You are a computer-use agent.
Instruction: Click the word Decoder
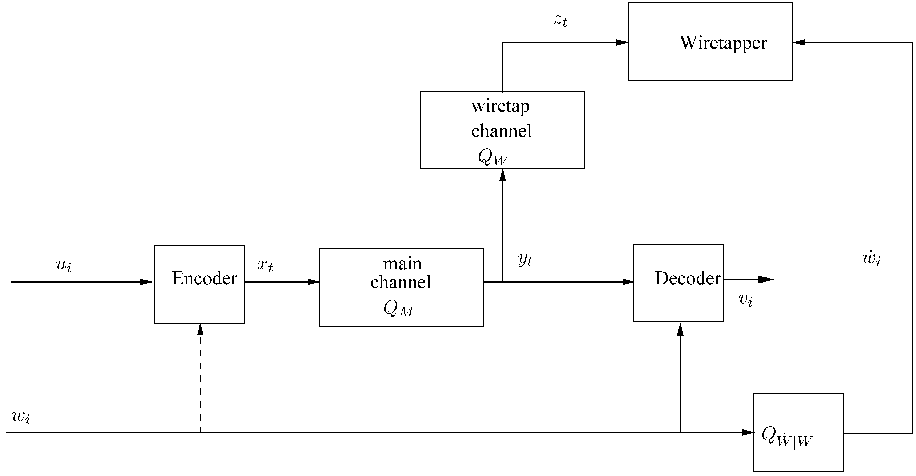click(x=688, y=278)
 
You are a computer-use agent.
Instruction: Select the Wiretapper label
click(x=723, y=43)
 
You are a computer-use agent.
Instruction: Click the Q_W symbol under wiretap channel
click(x=493, y=157)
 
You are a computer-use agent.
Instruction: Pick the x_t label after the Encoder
click(x=265, y=265)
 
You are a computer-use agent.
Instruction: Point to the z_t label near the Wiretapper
click(x=560, y=20)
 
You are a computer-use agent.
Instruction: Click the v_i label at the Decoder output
click(x=746, y=300)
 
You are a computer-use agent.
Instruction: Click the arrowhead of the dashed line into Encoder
click(x=200, y=329)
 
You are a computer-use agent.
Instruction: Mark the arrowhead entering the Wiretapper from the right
click(x=799, y=43)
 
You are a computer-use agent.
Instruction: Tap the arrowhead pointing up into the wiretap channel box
click(x=502, y=175)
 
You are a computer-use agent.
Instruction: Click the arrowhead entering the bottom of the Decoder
click(x=680, y=329)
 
